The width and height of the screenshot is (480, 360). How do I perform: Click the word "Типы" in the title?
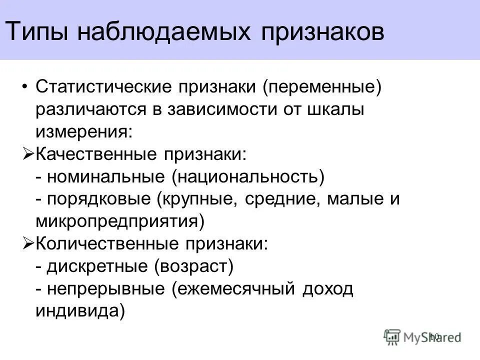point(39,31)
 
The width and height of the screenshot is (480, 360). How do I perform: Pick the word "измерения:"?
point(84,132)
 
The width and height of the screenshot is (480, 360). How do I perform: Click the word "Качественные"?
point(95,154)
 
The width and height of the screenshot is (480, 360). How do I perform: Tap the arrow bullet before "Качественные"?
point(28,154)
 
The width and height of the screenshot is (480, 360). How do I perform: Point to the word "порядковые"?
point(100,199)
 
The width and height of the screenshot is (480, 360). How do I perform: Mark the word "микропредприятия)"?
point(120,221)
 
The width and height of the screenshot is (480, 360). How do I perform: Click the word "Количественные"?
point(105,243)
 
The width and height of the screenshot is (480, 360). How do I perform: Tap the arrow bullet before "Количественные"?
point(28,243)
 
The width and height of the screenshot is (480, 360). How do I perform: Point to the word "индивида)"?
point(80,310)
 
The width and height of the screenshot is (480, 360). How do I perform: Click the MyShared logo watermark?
point(423,337)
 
